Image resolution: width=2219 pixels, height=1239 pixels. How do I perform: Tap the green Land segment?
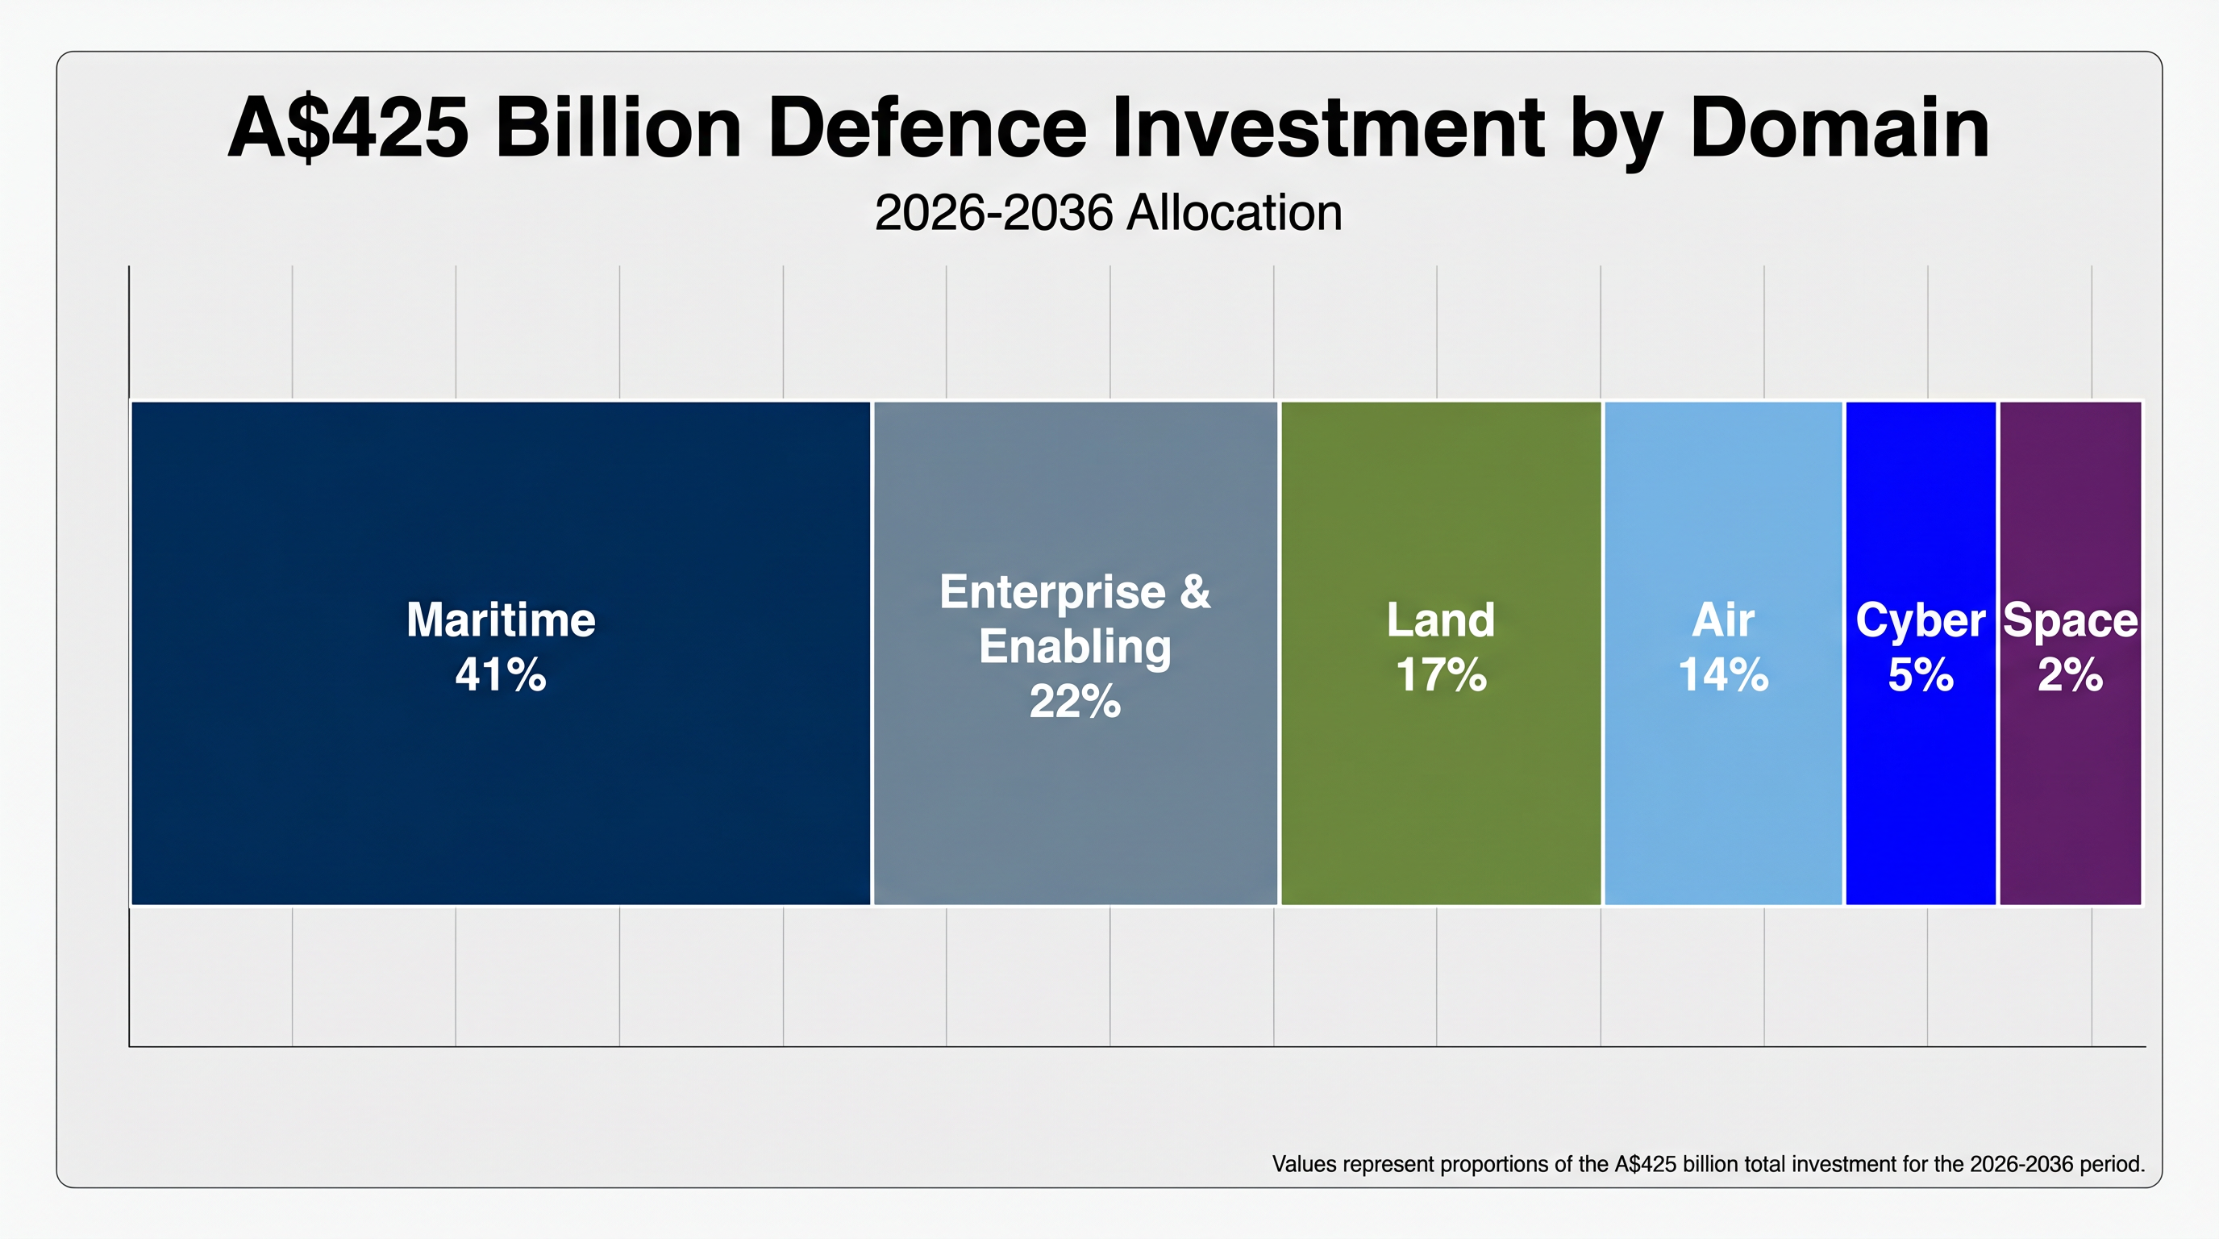[x=1440, y=793]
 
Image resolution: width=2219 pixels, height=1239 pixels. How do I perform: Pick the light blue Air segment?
[x=1723, y=793]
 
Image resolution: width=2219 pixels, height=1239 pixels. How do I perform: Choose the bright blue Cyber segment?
[x=1920, y=793]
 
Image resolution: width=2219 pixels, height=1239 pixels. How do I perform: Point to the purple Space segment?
[x=2070, y=793]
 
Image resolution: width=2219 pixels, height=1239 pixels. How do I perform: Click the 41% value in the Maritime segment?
[x=501, y=674]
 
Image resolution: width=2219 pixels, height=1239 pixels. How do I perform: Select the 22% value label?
[x=1075, y=701]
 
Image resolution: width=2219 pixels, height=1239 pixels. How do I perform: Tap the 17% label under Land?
[x=1441, y=674]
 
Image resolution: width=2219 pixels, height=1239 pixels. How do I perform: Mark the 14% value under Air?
[x=1723, y=674]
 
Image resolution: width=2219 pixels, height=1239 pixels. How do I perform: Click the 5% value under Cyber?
[x=1920, y=674]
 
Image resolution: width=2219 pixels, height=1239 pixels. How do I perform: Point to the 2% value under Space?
[x=2070, y=674]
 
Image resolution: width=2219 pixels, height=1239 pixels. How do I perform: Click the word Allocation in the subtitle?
[x=1234, y=213]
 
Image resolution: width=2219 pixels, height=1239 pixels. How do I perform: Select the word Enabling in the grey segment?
[x=1075, y=647]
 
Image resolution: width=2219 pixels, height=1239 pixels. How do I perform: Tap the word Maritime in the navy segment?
[x=501, y=619]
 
